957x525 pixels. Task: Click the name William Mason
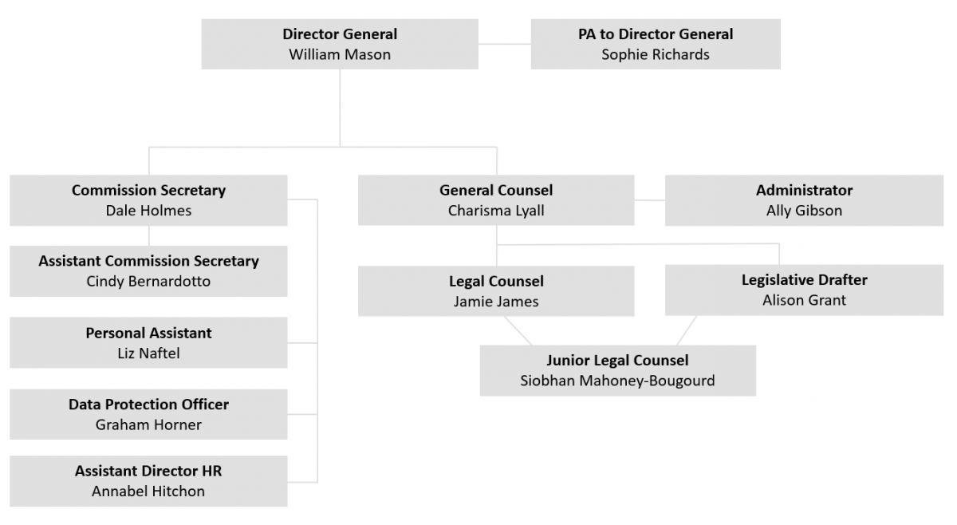point(340,55)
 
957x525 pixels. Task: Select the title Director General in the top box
point(340,34)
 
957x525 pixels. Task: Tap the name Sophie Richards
point(655,55)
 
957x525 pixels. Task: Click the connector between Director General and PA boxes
point(504,45)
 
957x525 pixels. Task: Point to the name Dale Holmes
point(148,211)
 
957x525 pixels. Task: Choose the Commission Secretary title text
point(148,191)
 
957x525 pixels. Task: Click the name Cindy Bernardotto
point(148,282)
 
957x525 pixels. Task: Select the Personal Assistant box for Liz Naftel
point(148,343)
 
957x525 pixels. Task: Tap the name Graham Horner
point(148,425)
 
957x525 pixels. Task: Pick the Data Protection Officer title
point(148,405)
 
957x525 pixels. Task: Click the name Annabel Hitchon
point(148,491)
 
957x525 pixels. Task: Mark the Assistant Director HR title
point(148,471)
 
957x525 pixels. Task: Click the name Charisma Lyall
point(495,211)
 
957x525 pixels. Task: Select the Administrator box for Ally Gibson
point(804,200)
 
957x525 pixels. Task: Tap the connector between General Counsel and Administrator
point(650,200)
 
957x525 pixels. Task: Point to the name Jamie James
point(495,302)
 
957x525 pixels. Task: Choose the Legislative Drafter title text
point(804,280)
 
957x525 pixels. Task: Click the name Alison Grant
point(804,301)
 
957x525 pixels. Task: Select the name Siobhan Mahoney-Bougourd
point(617,381)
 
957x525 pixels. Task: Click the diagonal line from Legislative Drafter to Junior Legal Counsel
point(687,330)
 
